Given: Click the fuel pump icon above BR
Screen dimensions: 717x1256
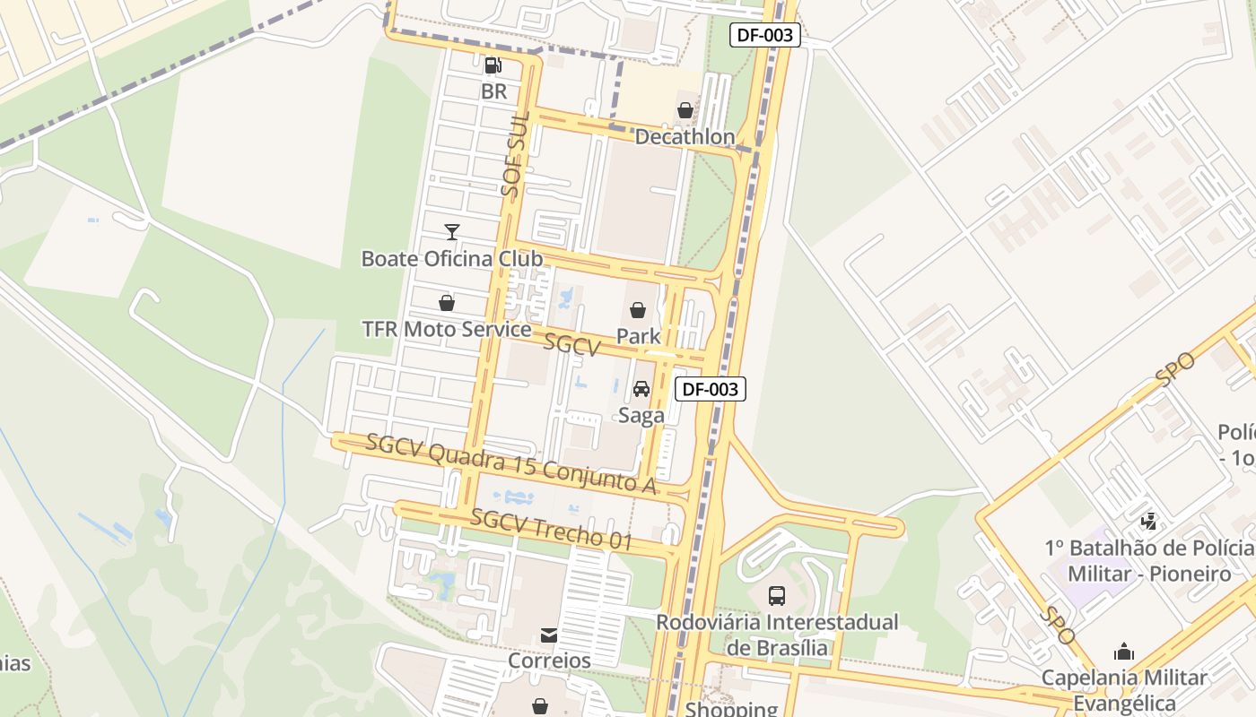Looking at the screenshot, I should (x=493, y=65).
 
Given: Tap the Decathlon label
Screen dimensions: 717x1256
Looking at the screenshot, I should (x=685, y=137).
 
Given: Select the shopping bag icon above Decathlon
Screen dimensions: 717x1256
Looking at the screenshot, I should (x=685, y=110).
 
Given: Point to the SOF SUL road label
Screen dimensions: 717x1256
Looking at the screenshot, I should (x=513, y=156).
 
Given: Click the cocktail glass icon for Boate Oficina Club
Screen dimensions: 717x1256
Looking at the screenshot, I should (x=451, y=232).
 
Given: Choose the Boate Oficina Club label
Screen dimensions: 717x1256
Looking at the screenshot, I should (x=451, y=259).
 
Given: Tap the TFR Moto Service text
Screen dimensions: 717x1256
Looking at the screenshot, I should (x=446, y=329).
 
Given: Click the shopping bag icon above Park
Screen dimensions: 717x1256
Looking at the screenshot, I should (x=638, y=310).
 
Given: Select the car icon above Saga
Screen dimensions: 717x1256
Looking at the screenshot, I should (x=641, y=389).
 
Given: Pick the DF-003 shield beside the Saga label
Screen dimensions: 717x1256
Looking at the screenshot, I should (x=711, y=389).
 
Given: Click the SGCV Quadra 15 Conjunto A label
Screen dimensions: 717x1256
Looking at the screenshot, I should (x=511, y=463).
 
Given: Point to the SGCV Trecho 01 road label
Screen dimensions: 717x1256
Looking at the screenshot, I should (x=552, y=529).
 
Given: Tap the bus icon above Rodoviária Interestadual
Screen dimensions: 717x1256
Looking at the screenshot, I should (x=777, y=595).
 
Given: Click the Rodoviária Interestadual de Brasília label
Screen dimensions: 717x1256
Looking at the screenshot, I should (x=777, y=634).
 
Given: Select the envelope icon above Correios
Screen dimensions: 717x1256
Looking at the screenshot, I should (x=549, y=635).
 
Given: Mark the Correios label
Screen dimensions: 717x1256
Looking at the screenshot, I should (x=549, y=661).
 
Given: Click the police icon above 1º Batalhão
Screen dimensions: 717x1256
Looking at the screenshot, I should (x=1148, y=520).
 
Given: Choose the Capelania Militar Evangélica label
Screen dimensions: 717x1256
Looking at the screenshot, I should (x=1124, y=689).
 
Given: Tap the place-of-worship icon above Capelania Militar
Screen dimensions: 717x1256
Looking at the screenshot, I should (x=1124, y=652).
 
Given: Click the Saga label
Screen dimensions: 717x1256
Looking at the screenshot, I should (x=641, y=416).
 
